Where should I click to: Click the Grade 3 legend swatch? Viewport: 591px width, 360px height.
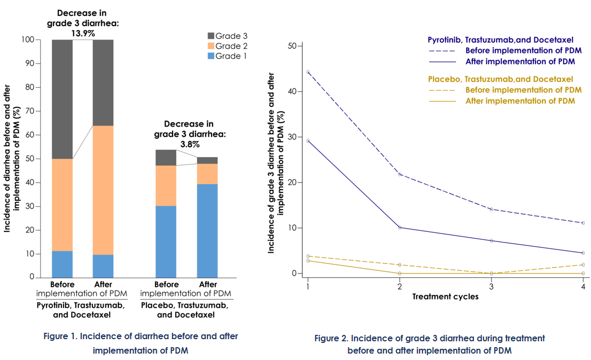point(211,36)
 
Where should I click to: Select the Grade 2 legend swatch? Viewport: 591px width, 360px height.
point(211,46)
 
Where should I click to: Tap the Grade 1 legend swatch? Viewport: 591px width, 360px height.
point(211,56)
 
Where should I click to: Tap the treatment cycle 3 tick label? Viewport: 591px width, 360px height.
point(492,287)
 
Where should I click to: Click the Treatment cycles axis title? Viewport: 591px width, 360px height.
point(445,296)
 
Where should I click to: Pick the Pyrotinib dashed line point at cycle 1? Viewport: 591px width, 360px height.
point(308,72)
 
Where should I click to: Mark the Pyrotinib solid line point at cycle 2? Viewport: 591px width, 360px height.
point(400,228)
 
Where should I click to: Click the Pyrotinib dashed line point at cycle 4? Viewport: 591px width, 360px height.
point(583,223)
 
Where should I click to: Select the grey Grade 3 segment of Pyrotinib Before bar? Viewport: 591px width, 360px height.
point(63,99)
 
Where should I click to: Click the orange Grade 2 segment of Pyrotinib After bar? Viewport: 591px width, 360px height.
point(103,190)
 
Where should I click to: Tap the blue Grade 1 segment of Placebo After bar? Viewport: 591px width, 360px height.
point(207,230)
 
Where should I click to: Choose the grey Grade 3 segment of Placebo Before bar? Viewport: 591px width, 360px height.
point(166,158)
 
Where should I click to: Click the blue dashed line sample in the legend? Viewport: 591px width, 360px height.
point(442,51)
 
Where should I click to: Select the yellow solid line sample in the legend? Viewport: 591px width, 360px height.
point(442,101)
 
